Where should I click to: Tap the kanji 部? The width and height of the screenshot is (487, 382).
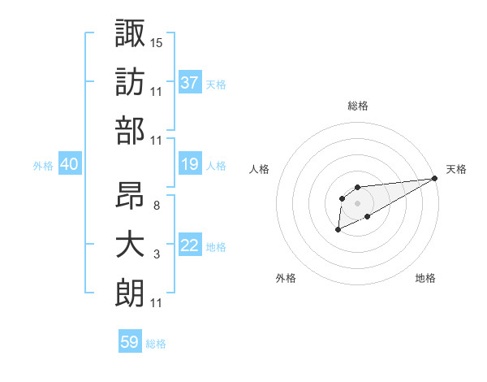(x=130, y=130)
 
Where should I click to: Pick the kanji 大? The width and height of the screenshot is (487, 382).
(x=130, y=245)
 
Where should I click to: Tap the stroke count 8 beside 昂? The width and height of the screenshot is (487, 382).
(x=156, y=205)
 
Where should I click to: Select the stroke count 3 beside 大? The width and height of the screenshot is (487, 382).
(x=156, y=254)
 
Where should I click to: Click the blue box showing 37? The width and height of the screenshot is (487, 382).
(x=190, y=82)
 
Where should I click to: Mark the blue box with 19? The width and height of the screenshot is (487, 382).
(x=190, y=165)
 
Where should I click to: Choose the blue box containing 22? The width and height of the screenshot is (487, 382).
(x=190, y=246)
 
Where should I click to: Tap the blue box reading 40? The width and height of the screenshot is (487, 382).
(x=69, y=165)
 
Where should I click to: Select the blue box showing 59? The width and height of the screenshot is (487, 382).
(x=130, y=342)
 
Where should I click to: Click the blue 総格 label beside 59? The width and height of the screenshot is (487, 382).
(x=156, y=344)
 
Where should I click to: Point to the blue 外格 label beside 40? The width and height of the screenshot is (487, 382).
(x=43, y=166)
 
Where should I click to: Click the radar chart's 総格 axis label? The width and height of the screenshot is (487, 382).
(x=357, y=106)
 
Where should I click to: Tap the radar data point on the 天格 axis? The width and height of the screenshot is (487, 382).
(x=435, y=179)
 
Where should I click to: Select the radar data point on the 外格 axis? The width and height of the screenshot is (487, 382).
(x=338, y=231)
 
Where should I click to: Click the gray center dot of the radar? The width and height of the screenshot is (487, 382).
(x=357, y=202)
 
